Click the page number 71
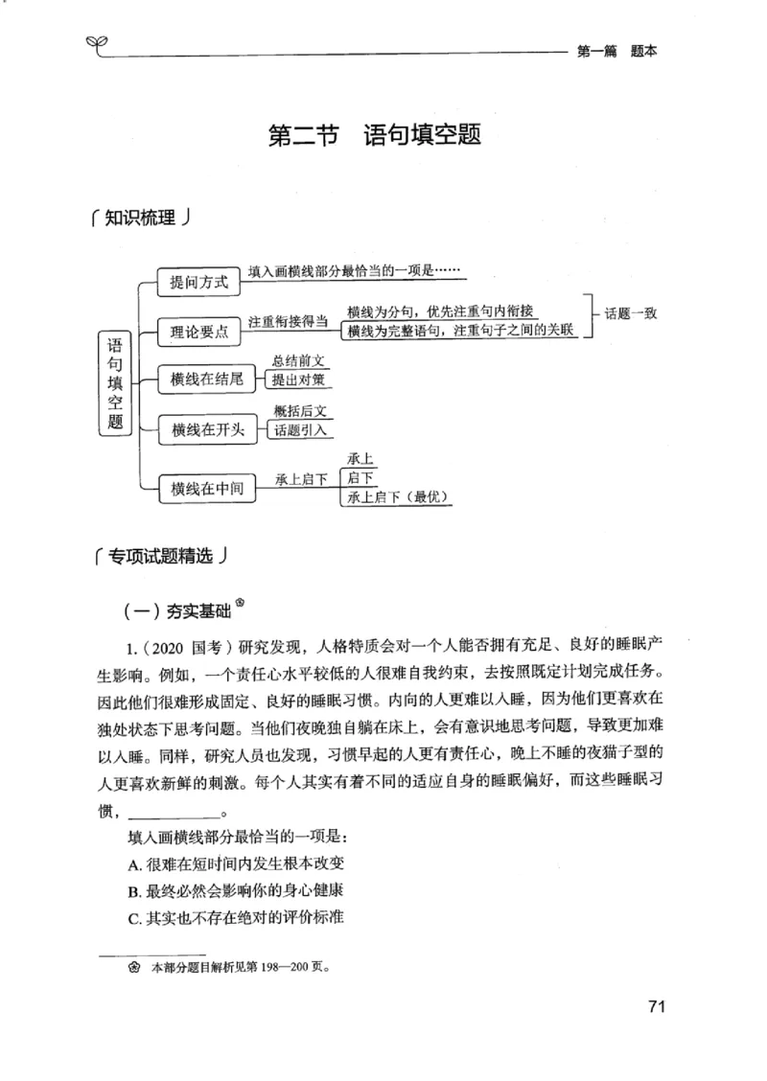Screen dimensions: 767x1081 click(656, 1006)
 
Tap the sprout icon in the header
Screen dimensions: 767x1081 click(97, 43)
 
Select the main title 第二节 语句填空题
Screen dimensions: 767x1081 click(374, 135)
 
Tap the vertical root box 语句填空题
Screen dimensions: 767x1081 click(116, 382)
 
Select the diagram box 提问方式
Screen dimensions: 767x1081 click(198, 283)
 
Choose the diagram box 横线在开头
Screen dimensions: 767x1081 click(206, 430)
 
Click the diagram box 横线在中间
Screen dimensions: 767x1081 click(206, 489)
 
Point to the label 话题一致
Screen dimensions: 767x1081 click(631, 313)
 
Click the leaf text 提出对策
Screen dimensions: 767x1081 click(299, 380)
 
